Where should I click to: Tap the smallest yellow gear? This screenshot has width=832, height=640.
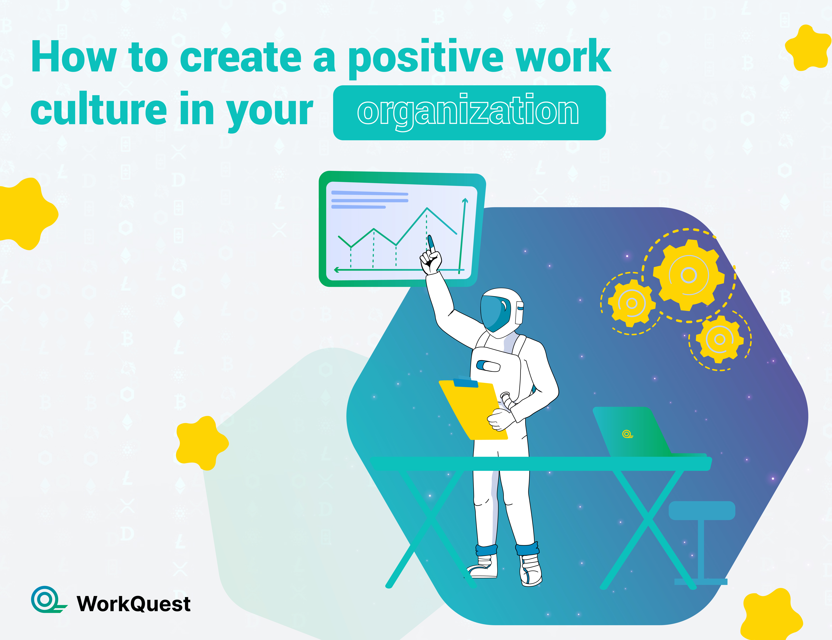tap(719, 339)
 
